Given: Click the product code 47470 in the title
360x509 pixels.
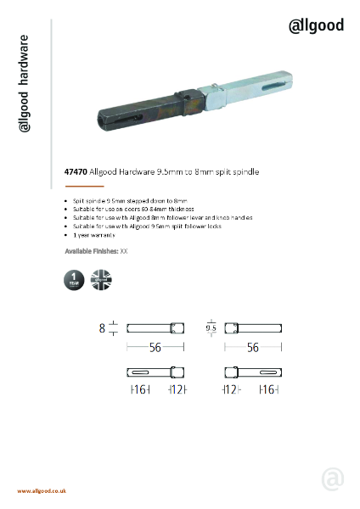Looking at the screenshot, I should pyautogui.click(x=76, y=171).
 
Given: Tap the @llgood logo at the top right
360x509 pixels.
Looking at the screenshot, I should pyautogui.click(x=317, y=25).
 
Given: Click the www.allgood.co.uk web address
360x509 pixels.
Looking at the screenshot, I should pyautogui.click(x=42, y=491).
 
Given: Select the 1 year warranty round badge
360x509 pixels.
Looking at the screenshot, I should pyautogui.click(x=75, y=281).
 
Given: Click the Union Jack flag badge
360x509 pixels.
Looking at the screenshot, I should pyautogui.click(x=101, y=281).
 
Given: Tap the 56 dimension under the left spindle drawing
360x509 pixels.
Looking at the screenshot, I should pyautogui.click(x=155, y=347).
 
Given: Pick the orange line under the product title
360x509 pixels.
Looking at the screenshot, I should pyautogui.click(x=84, y=186).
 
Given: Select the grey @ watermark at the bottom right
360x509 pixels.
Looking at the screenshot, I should pyautogui.click(x=333, y=478).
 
